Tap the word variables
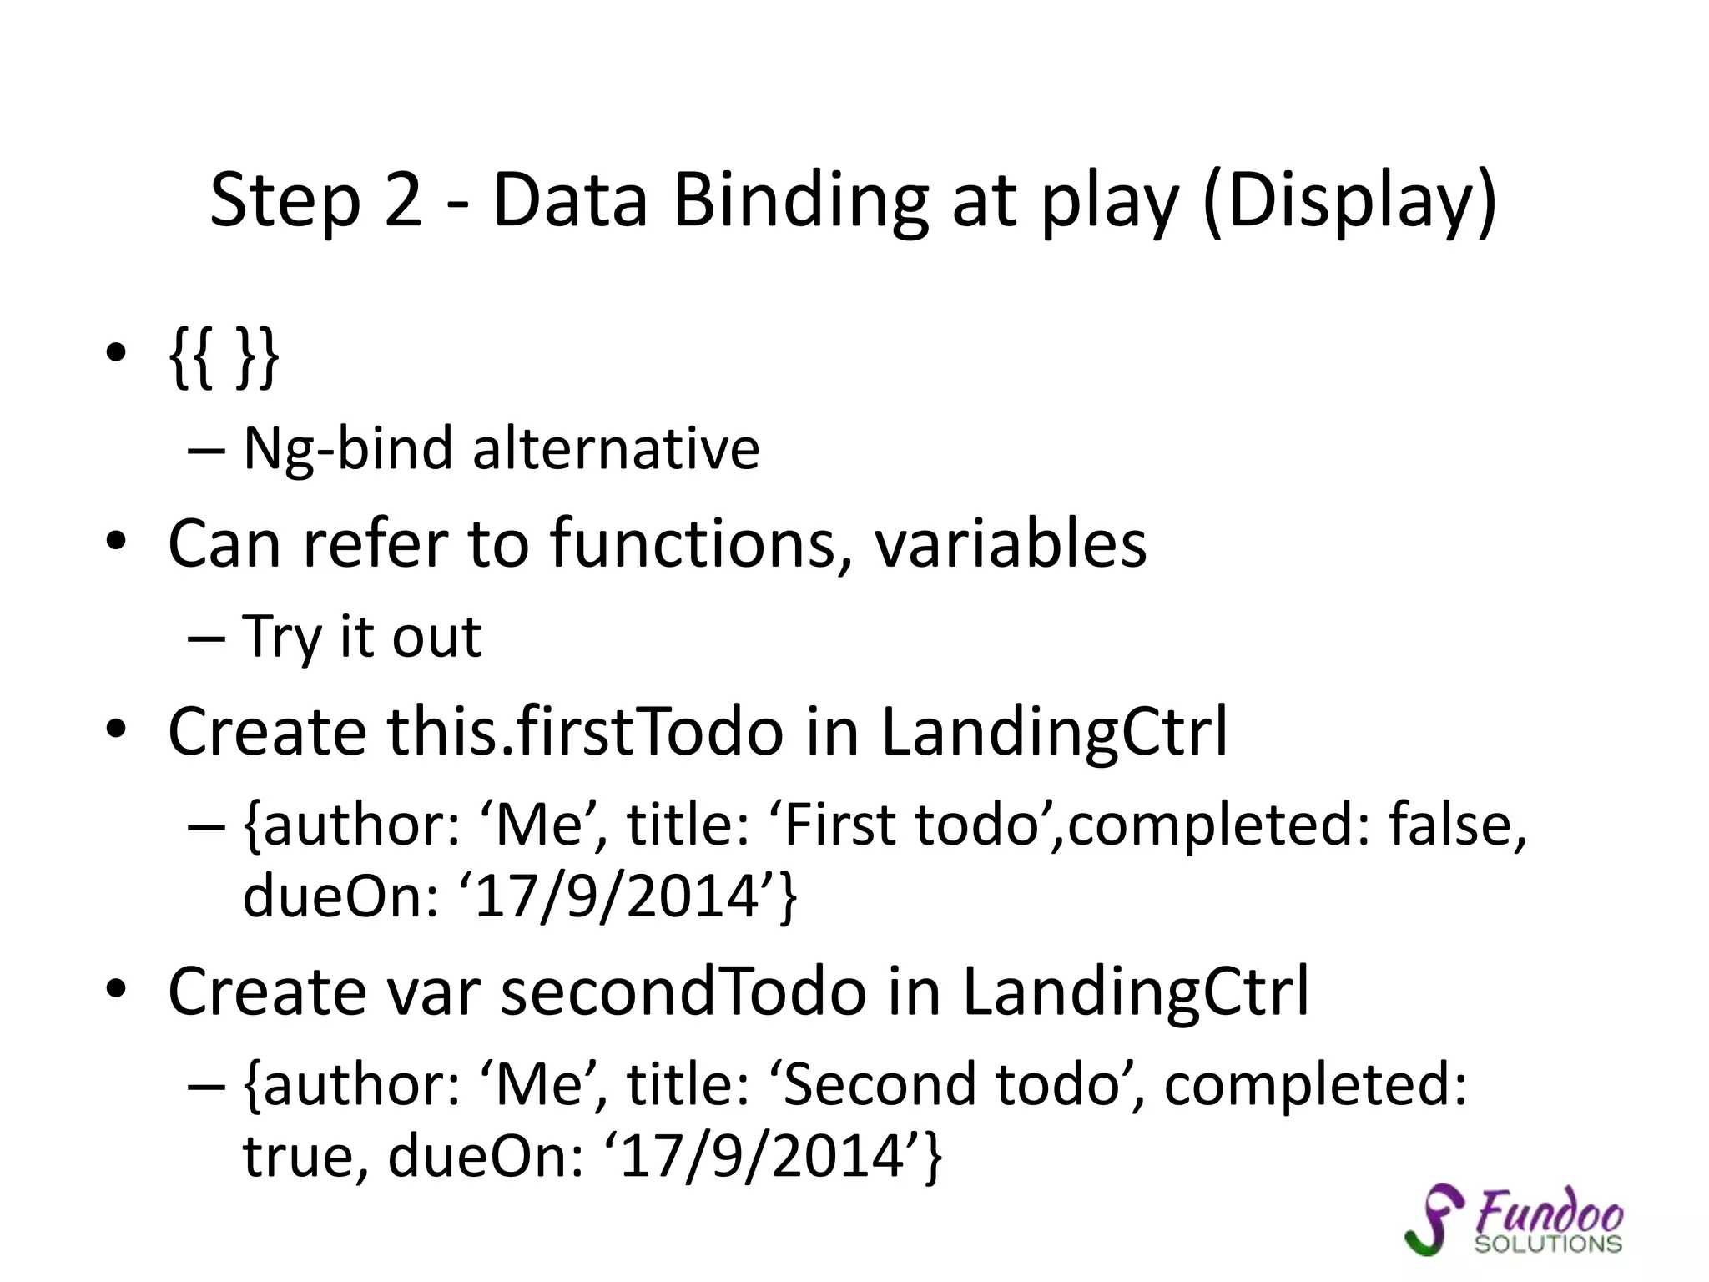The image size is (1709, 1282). [x=1010, y=544]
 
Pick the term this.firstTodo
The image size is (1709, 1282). [x=585, y=731]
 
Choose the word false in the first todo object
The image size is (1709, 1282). [x=1457, y=825]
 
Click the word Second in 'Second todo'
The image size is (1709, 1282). [x=880, y=1085]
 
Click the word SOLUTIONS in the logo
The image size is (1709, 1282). [x=1548, y=1244]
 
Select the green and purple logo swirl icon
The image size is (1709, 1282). [x=1434, y=1219]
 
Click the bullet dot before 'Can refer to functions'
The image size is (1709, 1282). [x=116, y=543]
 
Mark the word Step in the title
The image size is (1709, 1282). [x=284, y=202]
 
